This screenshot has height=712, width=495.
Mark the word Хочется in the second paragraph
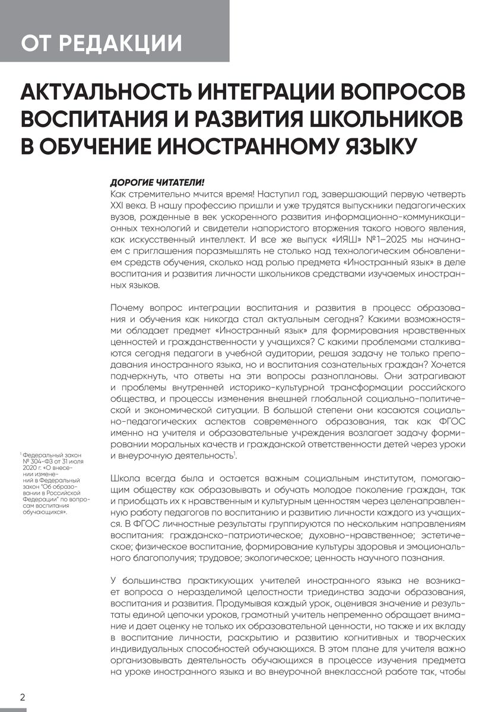click(x=447, y=360)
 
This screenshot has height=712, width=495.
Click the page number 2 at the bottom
click(x=22, y=697)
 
